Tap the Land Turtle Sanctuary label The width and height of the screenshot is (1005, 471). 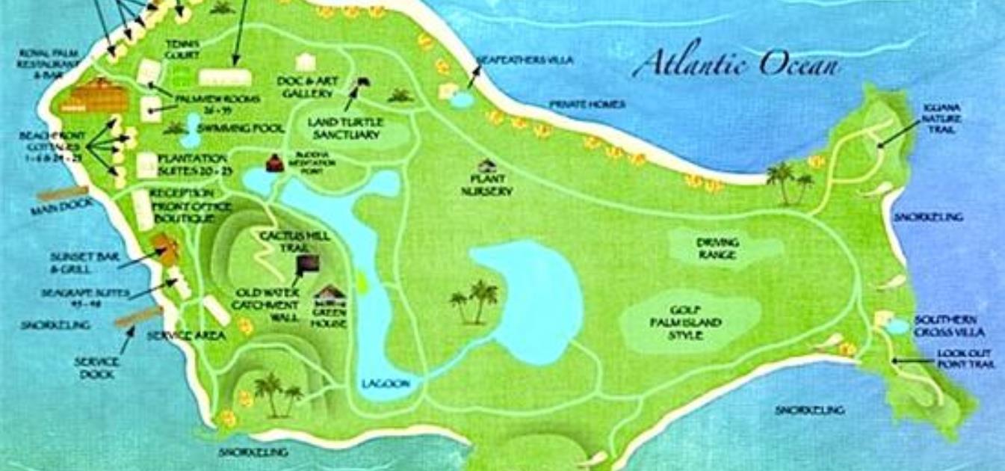346,128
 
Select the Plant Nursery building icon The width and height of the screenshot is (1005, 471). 488,165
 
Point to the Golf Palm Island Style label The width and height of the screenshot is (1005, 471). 685,323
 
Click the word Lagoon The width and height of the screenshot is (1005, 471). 386,384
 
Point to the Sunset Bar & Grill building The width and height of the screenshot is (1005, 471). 165,249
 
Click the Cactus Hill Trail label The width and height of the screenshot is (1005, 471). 283,241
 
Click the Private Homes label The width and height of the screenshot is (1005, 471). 587,105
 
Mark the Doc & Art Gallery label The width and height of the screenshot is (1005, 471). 306,87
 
